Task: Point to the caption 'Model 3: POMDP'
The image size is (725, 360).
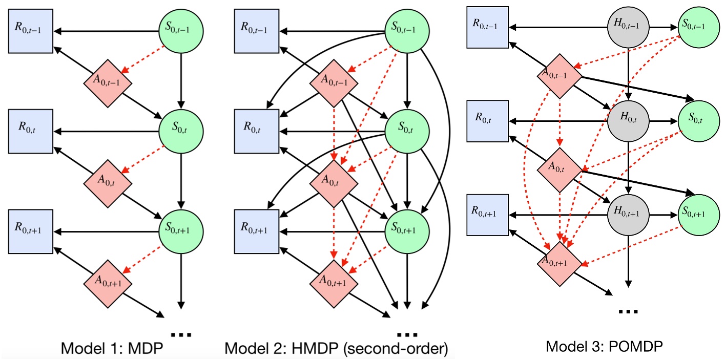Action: [x=605, y=346]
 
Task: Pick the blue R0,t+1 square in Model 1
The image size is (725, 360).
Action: [x=29, y=229]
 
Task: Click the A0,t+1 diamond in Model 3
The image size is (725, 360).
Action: [x=559, y=262]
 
